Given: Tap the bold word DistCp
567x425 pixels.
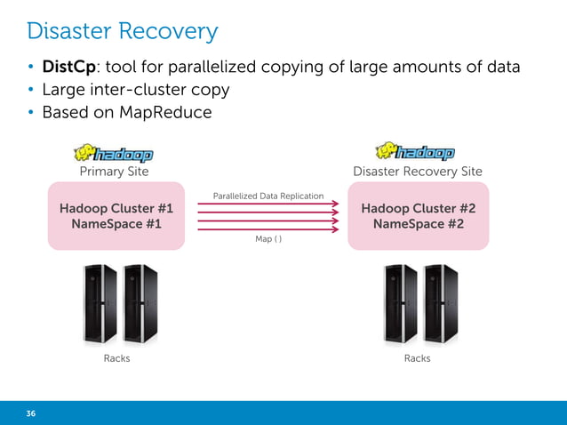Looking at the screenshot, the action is (69, 68).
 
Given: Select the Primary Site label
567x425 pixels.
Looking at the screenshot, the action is (115, 171).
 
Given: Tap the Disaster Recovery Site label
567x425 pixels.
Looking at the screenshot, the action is (417, 171).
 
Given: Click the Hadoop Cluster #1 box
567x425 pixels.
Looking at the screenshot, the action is (116, 216).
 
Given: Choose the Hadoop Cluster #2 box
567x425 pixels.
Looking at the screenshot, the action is (418, 216).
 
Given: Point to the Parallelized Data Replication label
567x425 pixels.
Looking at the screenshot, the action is (268, 196).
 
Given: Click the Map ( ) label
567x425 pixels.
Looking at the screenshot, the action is (268, 239).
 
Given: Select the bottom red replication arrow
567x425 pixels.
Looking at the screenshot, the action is (268, 229).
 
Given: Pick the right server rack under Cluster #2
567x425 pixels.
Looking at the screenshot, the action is (441, 304).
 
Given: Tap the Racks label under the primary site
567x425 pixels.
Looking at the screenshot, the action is (116, 358).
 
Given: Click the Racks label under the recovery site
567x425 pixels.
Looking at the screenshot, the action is (417, 358).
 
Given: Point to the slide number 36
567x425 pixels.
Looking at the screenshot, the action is (31, 413).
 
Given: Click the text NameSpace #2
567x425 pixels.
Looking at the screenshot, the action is (418, 224).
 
